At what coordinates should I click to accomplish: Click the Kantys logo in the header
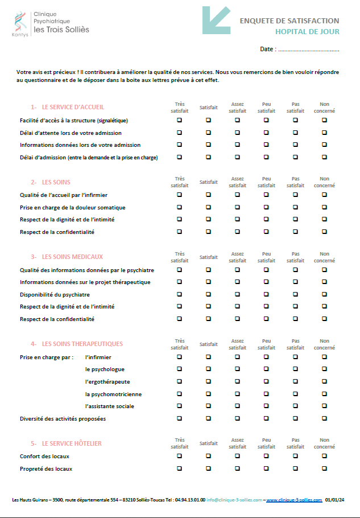click(x=20, y=23)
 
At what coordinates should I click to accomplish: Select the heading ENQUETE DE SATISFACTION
click(x=289, y=21)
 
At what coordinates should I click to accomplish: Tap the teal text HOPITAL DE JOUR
click(x=307, y=32)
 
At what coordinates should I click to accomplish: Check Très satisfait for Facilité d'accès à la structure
click(x=180, y=120)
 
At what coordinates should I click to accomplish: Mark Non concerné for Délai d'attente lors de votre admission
click(x=324, y=133)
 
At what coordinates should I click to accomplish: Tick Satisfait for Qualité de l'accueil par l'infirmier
click(x=208, y=195)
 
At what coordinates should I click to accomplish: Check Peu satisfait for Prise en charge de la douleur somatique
click(x=266, y=207)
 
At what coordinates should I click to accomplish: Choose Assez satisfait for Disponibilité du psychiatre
click(x=237, y=294)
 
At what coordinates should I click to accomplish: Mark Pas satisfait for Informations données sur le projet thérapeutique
click(x=295, y=282)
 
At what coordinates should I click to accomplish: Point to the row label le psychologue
click(x=105, y=369)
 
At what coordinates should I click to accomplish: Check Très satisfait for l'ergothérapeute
click(x=180, y=381)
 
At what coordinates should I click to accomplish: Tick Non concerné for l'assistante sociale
click(x=324, y=406)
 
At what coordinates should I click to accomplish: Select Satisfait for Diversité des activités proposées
click(x=208, y=418)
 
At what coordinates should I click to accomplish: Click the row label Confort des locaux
click(x=44, y=457)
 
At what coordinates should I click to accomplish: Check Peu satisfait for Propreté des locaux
click(x=266, y=468)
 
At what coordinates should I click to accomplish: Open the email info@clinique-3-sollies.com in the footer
click(x=234, y=500)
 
